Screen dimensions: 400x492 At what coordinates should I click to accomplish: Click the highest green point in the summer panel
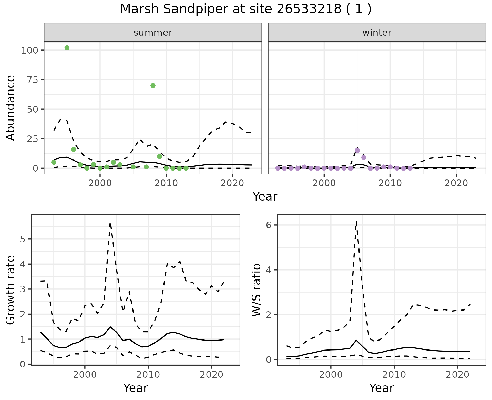tap(67, 48)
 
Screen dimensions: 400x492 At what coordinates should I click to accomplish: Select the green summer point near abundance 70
tap(153, 86)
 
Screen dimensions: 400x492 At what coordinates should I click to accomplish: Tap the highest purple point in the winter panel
tap(357, 150)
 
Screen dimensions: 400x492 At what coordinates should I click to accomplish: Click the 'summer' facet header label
tap(153, 33)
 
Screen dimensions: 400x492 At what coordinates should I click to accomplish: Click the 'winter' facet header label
tap(377, 33)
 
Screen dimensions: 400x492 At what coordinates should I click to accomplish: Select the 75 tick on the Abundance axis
tap(32, 80)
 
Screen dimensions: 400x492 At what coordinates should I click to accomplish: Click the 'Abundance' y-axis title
tap(11, 108)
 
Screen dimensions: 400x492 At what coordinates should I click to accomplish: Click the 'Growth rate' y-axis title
tap(11, 290)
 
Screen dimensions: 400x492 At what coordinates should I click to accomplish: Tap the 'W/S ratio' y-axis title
tap(257, 290)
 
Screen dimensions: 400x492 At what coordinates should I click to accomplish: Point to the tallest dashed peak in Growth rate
tap(110, 223)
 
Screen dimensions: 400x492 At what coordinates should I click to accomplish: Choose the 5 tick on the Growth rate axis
tap(23, 239)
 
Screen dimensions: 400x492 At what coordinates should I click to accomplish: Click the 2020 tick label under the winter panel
tap(456, 183)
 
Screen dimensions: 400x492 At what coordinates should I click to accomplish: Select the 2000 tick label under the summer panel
tap(100, 183)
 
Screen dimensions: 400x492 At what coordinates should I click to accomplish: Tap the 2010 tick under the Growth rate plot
tap(148, 375)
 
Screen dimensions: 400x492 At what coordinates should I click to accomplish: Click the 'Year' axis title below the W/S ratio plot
tap(381, 388)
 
